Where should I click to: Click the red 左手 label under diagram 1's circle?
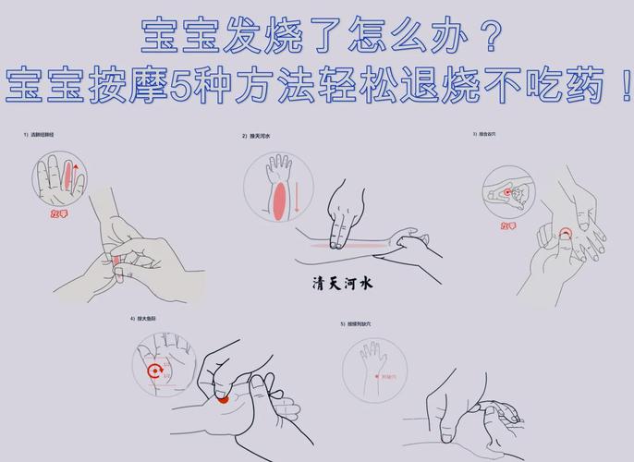pyautogui.click(x=62, y=213)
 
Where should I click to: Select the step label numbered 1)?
pyautogui.click(x=39, y=135)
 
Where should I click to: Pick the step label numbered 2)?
pyautogui.click(x=260, y=136)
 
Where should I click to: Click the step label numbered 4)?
pyautogui.click(x=147, y=319)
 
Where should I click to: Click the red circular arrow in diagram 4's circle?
pyautogui.click(x=155, y=372)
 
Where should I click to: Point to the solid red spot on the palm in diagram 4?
pyautogui.click(x=223, y=399)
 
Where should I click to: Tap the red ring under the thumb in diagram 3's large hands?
pyautogui.click(x=566, y=232)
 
